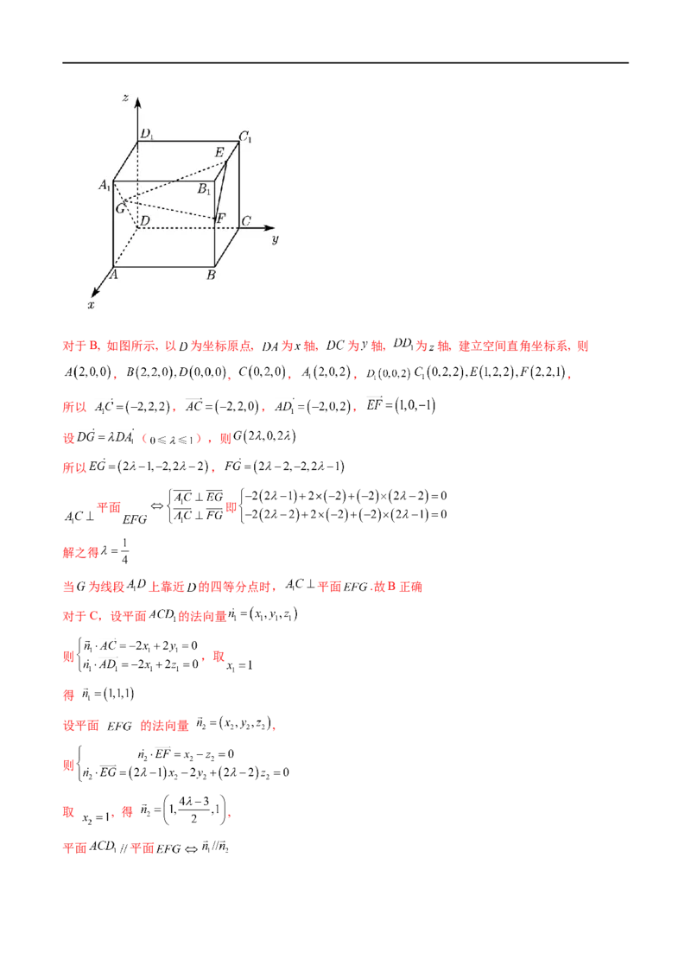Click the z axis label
click(126, 99)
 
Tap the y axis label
click(275, 239)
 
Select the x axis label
click(91, 305)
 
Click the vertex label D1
click(149, 134)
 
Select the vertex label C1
click(245, 136)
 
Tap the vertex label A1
click(105, 185)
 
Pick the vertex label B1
click(204, 190)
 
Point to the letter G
click(120, 208)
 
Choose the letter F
click(223, 218)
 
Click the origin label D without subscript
click(146, 222)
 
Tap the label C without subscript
click(246, 221)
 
